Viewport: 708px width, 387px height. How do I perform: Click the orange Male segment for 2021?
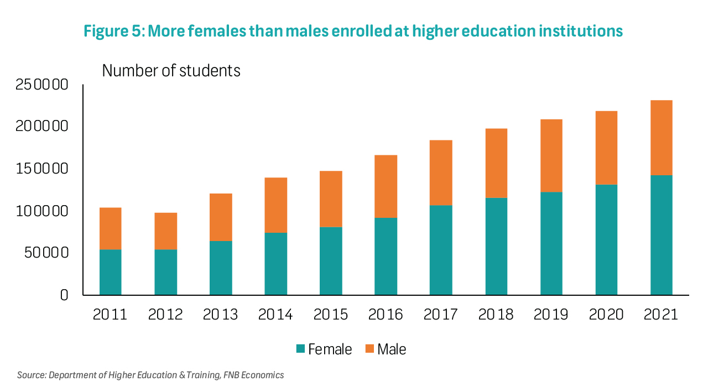coord(661,138)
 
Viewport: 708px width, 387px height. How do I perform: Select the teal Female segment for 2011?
coord(110,272)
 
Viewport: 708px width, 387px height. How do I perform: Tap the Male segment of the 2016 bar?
coord(386,186)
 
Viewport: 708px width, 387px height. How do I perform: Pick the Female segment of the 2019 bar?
coord(551,243)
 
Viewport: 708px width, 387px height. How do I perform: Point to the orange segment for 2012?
coord(165,231)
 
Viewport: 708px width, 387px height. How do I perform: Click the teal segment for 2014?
coord(275,264)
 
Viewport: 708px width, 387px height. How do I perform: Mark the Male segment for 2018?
coord(496,163)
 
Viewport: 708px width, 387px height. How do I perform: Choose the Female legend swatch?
coord(301,349)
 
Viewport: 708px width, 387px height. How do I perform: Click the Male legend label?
coord(392,349)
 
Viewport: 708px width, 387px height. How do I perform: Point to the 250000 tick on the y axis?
coord(42,85)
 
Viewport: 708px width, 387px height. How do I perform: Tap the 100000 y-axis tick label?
coord(42,211)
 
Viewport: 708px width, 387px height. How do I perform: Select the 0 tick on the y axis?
coord(64,295)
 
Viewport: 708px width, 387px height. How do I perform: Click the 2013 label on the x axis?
coord(220,315)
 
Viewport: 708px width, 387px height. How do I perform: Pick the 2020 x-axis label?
coord(606,315)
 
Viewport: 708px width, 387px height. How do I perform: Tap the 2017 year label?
coord(441,315)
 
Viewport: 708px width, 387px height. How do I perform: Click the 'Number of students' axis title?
coord(171,71)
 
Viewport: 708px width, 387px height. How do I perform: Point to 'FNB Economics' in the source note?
coord(254,375)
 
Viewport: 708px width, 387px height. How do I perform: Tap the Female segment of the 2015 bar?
coord(331,261)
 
